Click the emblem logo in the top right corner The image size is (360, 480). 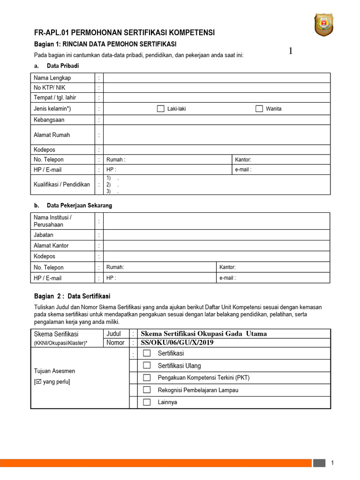[x=330, y=25]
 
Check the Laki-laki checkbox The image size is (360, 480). [x=160, y=109]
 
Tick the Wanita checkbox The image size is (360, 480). [x=259, y=109]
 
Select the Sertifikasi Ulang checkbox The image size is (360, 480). [x=147, y=365]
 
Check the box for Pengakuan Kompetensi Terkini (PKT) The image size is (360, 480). [x=147, y=377]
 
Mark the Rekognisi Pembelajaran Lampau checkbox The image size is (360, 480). [x=147, y=390]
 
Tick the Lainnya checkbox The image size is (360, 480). [x=147, y=402]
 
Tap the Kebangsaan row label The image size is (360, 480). [x=49, y=120]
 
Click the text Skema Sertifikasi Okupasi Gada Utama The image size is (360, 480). [x=204, y=334]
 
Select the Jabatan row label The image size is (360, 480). [x=44, y=235]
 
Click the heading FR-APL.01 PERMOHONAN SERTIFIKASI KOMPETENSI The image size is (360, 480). [x=125, y=33]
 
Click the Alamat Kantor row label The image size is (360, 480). [x=51, y=246]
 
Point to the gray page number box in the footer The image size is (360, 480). [x=319, y=463]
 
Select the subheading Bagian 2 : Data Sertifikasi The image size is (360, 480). [x=72, y=296]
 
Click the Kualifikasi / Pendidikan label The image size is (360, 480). [x=62, y=184]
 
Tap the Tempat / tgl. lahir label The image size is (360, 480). [x=55, y=97]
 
